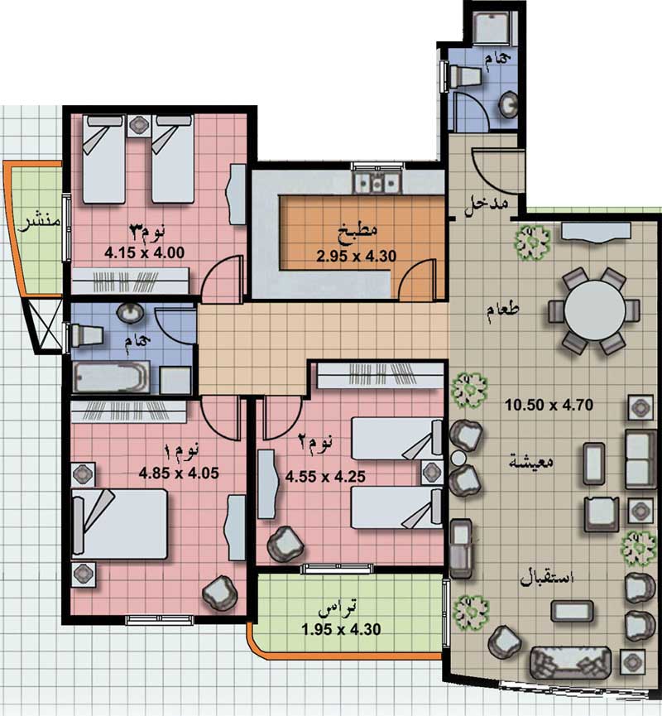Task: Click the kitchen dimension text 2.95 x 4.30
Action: point(357,256)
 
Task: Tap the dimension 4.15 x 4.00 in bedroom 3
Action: point(144,252)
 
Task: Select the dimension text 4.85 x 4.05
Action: point(179,473)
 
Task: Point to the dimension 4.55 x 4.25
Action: point(325,477)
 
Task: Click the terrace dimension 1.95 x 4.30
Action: point(341,630)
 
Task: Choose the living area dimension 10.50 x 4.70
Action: point(549,405)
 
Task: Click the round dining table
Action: point(595,310)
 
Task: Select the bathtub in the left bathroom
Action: point(112,377)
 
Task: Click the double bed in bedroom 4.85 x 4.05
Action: point(120,523)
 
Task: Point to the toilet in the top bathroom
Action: point(465,76)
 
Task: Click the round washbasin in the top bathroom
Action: point(508,104)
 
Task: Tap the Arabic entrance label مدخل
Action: point(487,206)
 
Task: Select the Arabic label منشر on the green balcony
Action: point(39,223)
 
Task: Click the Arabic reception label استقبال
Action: point(547,578)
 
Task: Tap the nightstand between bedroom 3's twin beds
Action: point(139,125)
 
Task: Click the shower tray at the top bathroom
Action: point(492,27)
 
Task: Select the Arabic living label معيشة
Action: point(531,461)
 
